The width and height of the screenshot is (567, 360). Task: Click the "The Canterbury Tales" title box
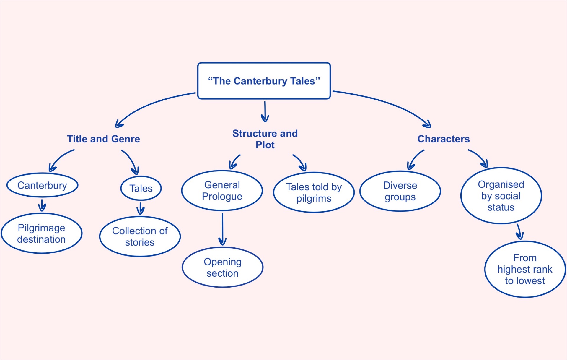[264, 81]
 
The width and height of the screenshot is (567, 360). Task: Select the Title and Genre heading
[103, 139]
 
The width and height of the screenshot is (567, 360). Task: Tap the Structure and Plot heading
[265, 139]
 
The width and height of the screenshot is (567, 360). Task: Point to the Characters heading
[443, 139]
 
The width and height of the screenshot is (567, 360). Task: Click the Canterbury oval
[42, 185]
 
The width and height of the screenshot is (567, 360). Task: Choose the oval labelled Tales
[141, 188]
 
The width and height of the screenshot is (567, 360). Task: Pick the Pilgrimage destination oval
[41, 233]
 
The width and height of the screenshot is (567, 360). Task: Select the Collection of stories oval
[140, 236]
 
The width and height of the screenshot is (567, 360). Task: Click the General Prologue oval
[222, 191]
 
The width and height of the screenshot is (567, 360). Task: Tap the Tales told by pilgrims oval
[314, 192]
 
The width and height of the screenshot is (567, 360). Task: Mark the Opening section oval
[222, 267]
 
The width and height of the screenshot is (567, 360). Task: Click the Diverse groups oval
[400, 191]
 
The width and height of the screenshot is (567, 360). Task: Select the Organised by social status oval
[501, 196]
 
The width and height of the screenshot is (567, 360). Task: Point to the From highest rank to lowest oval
[525, 269]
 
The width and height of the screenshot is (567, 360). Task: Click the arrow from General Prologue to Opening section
[222, 229]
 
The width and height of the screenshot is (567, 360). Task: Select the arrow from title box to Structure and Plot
[265, 111]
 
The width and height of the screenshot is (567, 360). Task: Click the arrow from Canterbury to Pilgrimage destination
[42, 205]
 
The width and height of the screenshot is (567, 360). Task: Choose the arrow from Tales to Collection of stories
[141, 208]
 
